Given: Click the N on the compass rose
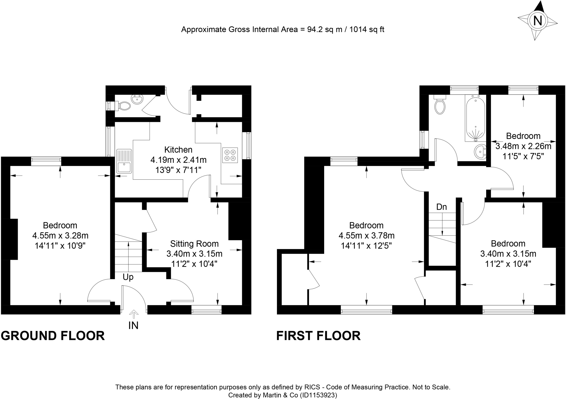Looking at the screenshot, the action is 537,21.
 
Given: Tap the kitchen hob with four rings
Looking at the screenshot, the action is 230,155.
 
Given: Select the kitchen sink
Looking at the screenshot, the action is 124,161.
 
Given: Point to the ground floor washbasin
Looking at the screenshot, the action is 137,99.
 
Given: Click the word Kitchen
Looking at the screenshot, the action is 178,150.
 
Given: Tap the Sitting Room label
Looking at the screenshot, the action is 194,244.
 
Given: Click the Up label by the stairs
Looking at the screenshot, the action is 128,277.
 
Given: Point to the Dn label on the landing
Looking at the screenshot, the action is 441,207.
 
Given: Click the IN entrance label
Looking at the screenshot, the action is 133,326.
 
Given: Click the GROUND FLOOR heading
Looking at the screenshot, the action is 53,336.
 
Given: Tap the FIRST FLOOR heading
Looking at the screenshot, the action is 318,336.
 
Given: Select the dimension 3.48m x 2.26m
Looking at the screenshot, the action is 523,146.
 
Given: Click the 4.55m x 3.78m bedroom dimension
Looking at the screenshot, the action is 366,236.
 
